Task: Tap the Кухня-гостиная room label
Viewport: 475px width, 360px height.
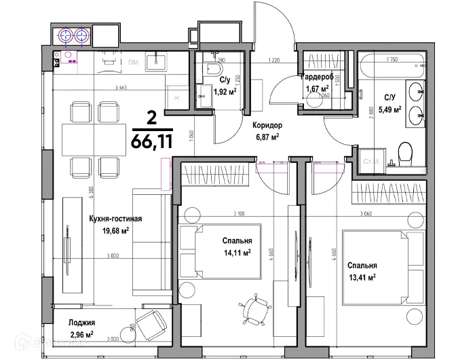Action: pyautogui.click(x=115, y=219)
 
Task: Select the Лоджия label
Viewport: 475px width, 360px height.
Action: pyautogui.click(x=81, y=323)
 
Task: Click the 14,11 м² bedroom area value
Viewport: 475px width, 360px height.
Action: pyautogui.click(x=237, y=253)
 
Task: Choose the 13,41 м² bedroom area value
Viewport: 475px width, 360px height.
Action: pyautogui.click(x=362, y=276)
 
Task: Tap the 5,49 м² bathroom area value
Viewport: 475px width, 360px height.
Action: pyautogui.click(x=389, y=109)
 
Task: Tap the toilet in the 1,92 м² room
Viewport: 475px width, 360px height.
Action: pyautogui.click(x=215, y=70)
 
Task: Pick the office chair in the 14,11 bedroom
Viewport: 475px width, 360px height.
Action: pyautogui.click(x=254, y=313)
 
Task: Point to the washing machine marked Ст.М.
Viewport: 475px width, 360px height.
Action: pyautogui.click(x=371, y=161)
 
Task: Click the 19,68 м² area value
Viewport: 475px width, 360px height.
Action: pyautogui.click(x=115, y=230)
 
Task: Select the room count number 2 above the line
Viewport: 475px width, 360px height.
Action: pyautogui.click(x=151, y=118)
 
